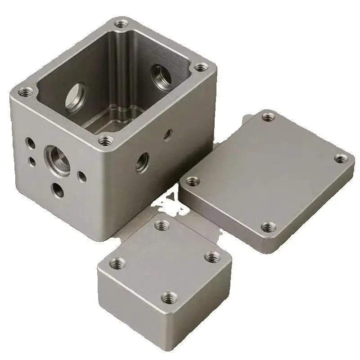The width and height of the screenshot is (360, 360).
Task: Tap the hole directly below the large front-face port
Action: pyautogui.click(x=57, y=189)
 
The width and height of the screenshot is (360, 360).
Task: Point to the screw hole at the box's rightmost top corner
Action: pyautogui.click(x=200, y=68)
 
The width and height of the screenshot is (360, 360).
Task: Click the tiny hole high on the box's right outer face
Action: pyautogui.click(x=168, y=133)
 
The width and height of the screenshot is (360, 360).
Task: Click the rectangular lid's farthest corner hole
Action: pyautogui.click(x=269, y=117)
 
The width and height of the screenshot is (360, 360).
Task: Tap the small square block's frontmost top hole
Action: pyautogui.click(x=170, y=297)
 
